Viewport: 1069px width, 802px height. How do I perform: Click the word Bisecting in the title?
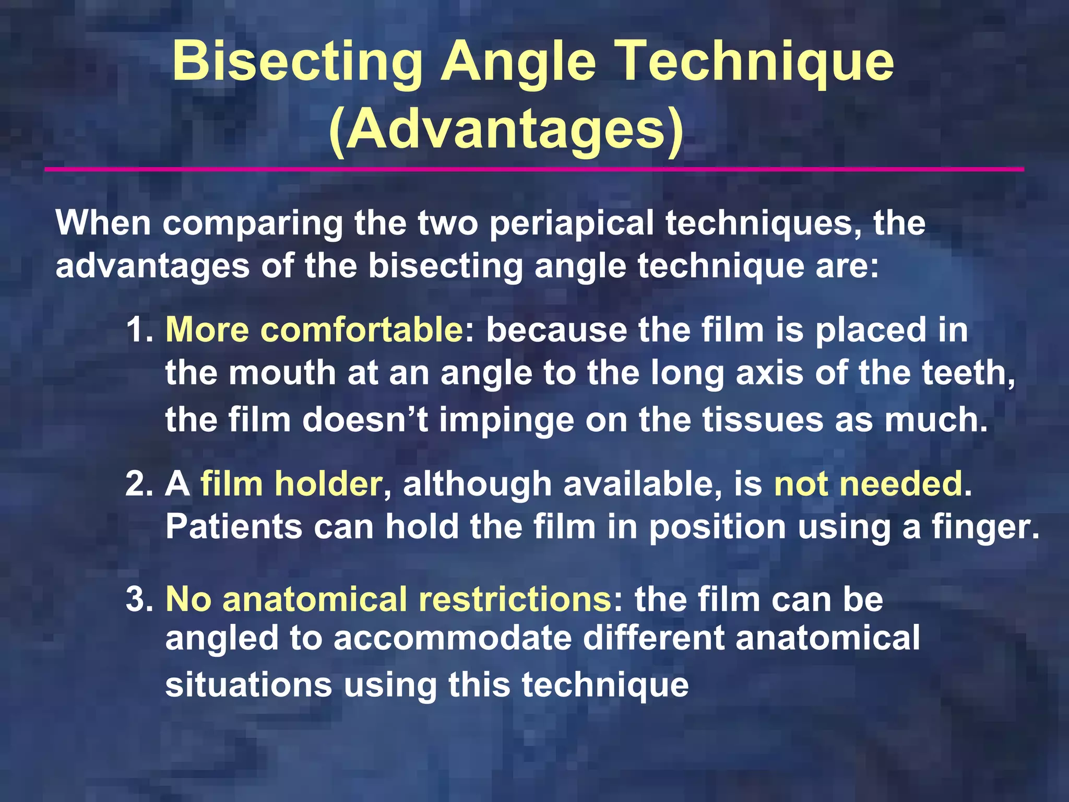[297, 62]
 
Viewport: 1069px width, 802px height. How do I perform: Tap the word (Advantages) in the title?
[506, 131]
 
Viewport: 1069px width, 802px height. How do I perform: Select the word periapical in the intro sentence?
[572, 223]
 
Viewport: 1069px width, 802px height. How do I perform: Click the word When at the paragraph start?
[103, 223]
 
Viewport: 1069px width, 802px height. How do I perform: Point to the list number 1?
[138, 331]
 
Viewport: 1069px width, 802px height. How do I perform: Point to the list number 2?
[138, 484]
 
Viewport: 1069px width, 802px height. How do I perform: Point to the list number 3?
[138, 599]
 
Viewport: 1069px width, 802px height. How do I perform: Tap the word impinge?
[506, 420]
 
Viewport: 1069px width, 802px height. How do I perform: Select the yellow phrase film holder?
[291, 484]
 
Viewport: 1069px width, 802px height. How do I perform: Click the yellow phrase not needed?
[868, 484]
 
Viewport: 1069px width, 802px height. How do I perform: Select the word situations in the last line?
[248, 685]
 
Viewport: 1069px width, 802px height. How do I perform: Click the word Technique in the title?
[756, 62]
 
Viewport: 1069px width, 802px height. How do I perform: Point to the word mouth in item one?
[282, 373]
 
